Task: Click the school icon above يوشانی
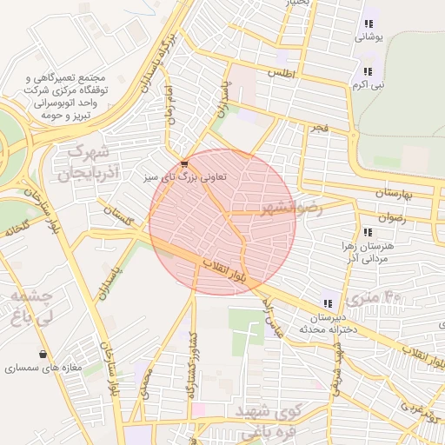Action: point(368,23)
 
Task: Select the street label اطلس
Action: point(283,75)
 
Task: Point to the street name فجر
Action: point(321,128)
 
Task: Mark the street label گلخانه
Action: point(16,229)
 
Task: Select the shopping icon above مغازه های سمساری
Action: point(43,354)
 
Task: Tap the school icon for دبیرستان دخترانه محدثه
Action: point(328,303)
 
